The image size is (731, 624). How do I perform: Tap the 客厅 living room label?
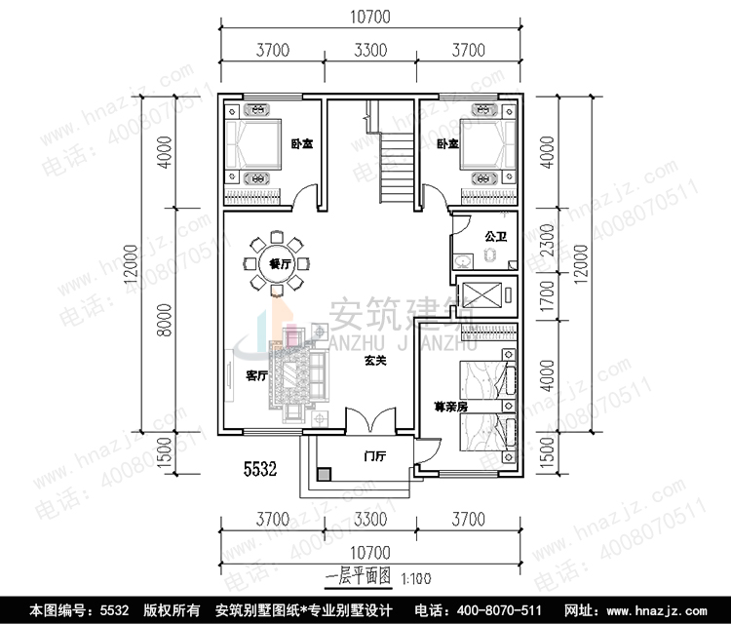click(x=256, y=375)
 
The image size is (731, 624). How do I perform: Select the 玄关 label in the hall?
click(x=376, y=361)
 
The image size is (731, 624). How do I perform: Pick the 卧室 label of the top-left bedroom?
click(x=301, y=144)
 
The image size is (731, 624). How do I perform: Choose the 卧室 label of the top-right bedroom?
click(x=446, y=144)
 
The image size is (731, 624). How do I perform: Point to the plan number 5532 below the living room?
click(x=260, y=468)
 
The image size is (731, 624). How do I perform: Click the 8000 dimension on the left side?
click(x=165, y=320)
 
